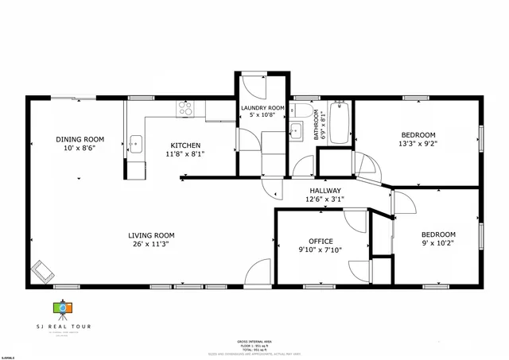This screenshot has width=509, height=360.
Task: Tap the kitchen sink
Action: coord(135,144)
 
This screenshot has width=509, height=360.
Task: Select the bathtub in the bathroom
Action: coord(340,122)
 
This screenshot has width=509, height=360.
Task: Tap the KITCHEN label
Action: coord(185,145)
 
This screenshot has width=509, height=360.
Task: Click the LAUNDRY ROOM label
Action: coord(262,107)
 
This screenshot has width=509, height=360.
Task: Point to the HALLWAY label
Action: coord(324,191)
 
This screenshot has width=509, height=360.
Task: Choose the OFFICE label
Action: coord(321,242)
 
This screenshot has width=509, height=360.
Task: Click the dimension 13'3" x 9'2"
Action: coord(418,145)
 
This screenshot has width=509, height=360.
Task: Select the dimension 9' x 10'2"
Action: coord(438,245)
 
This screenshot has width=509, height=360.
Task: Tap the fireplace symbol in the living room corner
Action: coord(42,271)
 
